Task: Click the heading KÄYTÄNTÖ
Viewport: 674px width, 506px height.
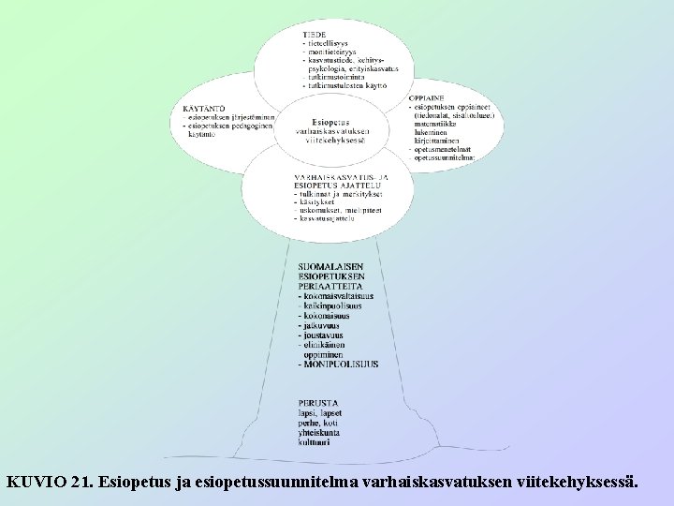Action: pos(203,109)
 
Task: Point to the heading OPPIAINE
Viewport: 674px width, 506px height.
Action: pos(426,98)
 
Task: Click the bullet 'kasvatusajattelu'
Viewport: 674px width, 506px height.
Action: pos(329,218)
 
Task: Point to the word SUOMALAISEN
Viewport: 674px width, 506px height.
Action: pos(330,266)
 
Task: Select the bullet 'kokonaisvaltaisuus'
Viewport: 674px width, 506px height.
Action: pos(338,297)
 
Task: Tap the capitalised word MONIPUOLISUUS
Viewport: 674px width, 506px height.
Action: pos(341,364)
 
